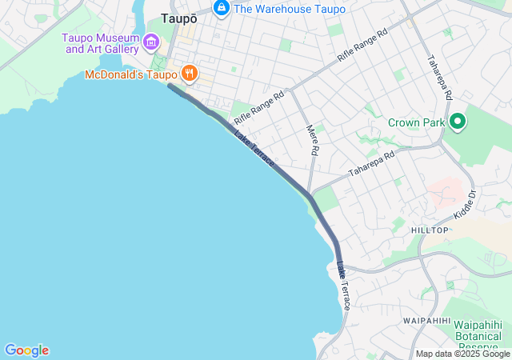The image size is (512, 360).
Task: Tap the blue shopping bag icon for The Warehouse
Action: click(x=222, y=9)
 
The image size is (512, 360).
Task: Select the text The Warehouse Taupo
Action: click(x=289, y=9)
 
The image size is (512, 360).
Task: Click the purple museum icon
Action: click(x=151, y=41)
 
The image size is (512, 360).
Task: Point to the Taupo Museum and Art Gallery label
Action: click(x=102, y=43)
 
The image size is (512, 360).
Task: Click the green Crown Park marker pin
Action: click(x=458, y=122)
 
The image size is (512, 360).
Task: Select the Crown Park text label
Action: click(x=416, y=123)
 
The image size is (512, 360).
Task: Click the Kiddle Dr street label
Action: click(x=466, y=205)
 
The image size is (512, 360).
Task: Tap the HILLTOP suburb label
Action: click(x=430, y=230)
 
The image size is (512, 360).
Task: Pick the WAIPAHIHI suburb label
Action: click(x=427, y=320)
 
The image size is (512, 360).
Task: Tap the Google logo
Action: click(x=26, y=350)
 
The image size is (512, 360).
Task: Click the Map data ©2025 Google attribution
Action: click(x=462, y=354)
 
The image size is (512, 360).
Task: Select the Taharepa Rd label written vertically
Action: click(x=440, y=77)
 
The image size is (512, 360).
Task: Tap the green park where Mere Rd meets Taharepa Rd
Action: click(x=326, y=200)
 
